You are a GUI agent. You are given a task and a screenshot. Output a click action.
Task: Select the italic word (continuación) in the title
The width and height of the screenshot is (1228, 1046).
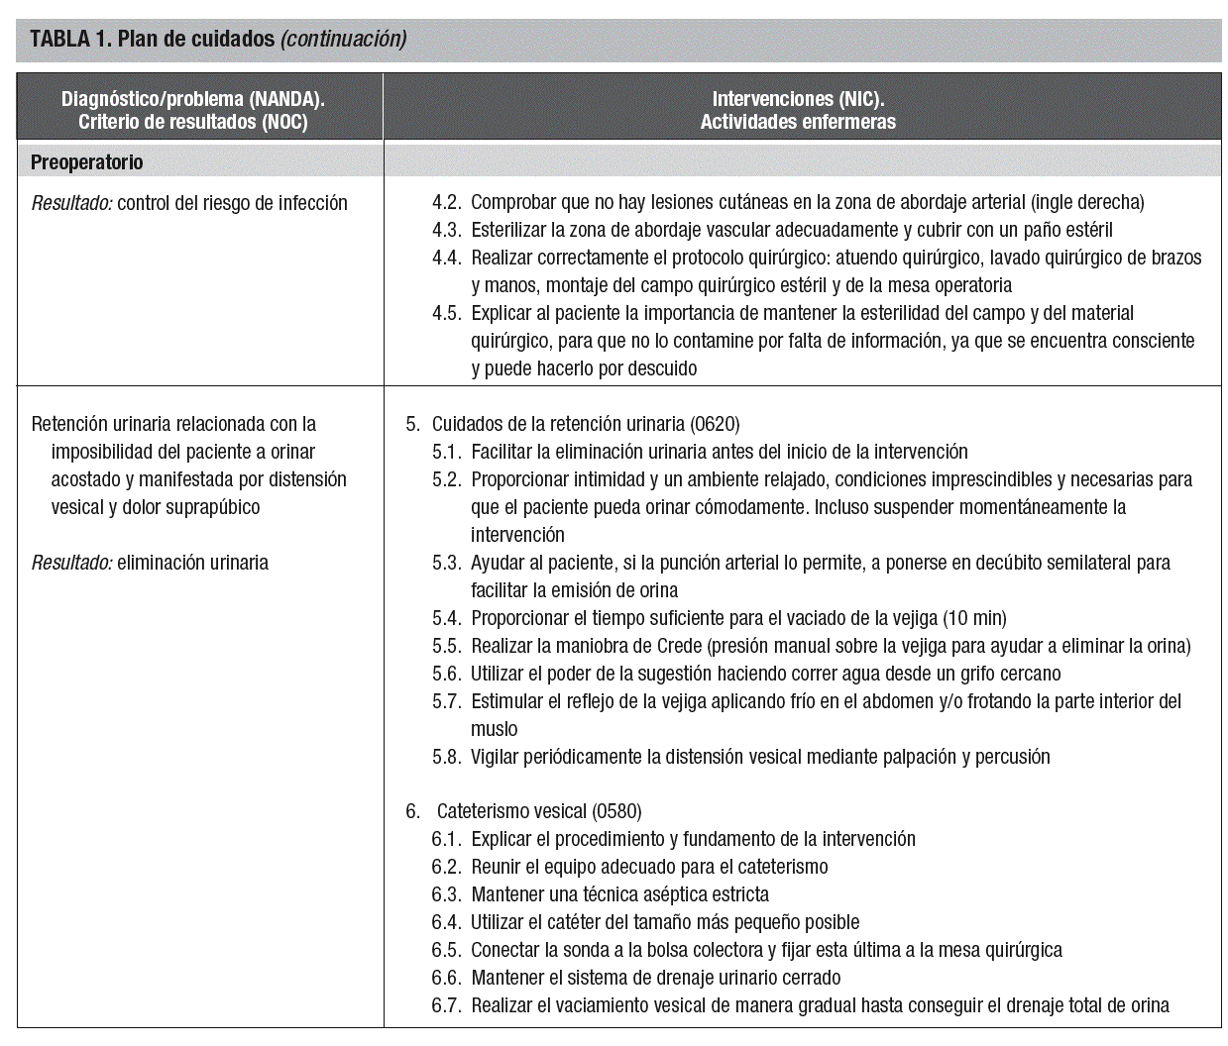pos(343,40)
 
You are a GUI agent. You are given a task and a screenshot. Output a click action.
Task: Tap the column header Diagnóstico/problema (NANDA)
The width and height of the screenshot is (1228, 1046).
pos(193,99)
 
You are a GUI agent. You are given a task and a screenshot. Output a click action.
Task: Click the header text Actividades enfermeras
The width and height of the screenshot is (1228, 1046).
pos(797,122)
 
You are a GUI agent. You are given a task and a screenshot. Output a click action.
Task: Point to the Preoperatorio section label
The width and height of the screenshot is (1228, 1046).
pos(86,162)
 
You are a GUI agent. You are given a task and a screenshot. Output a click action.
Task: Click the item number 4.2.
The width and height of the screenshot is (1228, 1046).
pos(447,202)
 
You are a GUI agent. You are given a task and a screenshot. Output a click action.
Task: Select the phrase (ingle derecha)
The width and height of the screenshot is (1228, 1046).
pos(1087,202)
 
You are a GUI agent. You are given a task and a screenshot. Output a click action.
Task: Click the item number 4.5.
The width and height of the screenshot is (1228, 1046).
pos(447,313)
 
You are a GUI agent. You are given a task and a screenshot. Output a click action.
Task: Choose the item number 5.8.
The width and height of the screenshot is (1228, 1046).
pos(447,757)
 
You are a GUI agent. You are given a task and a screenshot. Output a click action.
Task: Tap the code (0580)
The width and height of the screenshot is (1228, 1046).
pos(616,811)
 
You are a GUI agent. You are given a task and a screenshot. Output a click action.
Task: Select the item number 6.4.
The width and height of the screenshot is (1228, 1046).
pos(447,922)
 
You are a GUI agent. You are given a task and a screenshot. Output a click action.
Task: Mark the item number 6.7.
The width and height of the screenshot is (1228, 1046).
pos(447,1005)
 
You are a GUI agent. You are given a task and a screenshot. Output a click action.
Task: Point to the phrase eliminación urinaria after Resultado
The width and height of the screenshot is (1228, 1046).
pos(192,563)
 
